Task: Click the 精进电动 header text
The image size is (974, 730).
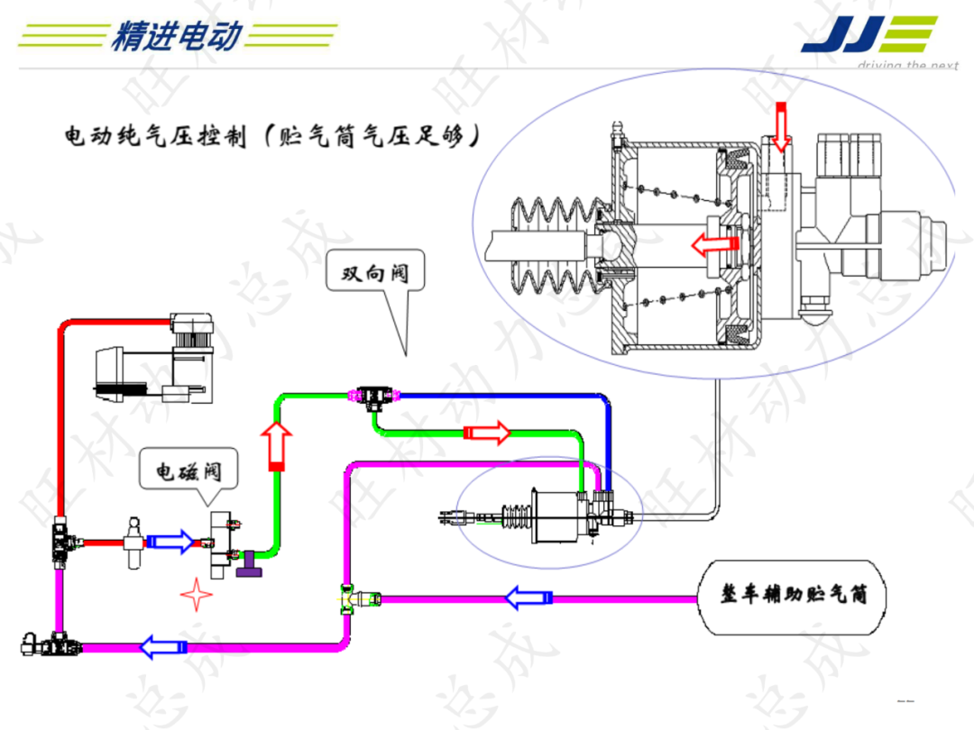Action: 177,36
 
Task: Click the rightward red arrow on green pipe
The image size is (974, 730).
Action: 487,433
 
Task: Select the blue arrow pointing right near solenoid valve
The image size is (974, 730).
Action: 170,541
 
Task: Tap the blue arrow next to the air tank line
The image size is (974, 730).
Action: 528,598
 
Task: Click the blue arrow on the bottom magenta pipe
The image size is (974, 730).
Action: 163,646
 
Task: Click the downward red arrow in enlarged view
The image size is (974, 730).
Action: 781,126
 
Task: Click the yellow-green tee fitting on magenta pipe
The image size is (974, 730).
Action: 349,598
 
